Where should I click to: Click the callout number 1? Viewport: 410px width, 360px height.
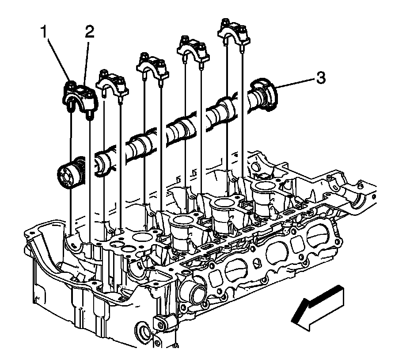tap(45, 32)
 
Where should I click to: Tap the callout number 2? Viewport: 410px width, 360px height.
tap(89, 32)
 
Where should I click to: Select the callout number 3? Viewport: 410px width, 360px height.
tap(321, 78)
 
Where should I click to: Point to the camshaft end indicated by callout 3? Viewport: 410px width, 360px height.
tap(264, 94)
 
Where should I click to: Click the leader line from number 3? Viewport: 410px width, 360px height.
tap(295, 82)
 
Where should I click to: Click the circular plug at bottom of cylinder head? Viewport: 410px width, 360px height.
tap(143, 332)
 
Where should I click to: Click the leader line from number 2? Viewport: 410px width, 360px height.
tap(86, 62)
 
